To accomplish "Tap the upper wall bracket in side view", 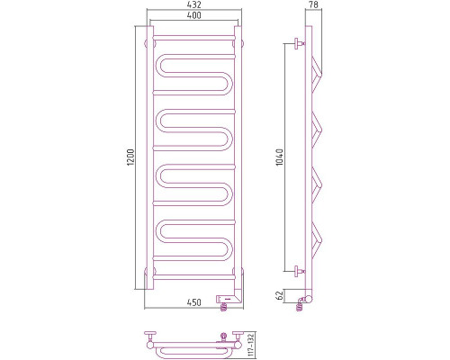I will pyautogui.click(x=296, y=42).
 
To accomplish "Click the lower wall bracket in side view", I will pyautogui.click(x=296, y=269).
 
